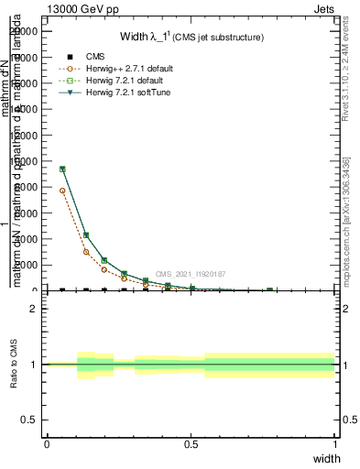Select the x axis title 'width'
click(326, 457)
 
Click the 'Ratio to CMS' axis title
click(15, 365)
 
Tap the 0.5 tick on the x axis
click(191, 444)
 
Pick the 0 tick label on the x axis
click(47, 444)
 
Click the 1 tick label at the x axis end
click(334, 444)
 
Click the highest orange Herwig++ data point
click(62, 191)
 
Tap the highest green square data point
click(62, 169)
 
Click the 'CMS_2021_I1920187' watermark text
click(191, 274)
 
